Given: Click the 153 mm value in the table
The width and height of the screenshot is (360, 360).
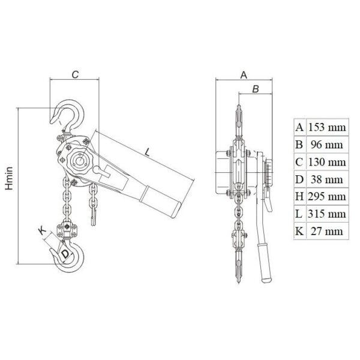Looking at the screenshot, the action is tap(327, 127).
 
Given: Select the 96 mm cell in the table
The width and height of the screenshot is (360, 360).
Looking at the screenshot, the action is tap(327, 145).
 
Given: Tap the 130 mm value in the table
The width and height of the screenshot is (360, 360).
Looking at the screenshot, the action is tap(327, 162).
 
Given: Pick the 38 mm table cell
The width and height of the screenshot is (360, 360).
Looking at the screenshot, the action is tap(327, 179).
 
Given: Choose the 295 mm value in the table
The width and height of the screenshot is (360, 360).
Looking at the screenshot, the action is tap(327, 197).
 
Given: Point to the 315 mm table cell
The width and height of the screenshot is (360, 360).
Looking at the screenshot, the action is tap(327, 214).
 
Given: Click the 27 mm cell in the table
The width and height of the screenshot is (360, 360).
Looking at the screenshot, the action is tap(327, 231).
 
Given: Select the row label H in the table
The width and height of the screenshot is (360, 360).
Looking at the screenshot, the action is tap(299, 197).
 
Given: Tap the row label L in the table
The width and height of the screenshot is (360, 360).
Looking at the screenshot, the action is tap(299, 214).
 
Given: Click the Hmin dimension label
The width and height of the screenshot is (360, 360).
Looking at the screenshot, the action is tap(9, 178).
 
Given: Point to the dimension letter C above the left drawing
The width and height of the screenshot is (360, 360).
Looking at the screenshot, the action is tap(75, 74).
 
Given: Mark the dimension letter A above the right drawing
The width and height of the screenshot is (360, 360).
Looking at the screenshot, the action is tap(244, 75).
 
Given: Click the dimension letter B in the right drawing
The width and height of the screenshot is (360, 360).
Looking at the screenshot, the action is tap(256, 89).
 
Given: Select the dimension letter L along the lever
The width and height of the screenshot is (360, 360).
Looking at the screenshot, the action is tap(148, 152).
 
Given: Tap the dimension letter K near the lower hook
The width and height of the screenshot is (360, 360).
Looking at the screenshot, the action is tap(42, 230).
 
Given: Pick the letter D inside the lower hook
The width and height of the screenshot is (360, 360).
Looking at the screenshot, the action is tap(65, 254).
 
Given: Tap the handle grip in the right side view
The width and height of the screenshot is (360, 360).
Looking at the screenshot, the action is tap(265, 263).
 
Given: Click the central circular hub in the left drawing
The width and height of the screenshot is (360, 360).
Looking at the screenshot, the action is tap(80, 161).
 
